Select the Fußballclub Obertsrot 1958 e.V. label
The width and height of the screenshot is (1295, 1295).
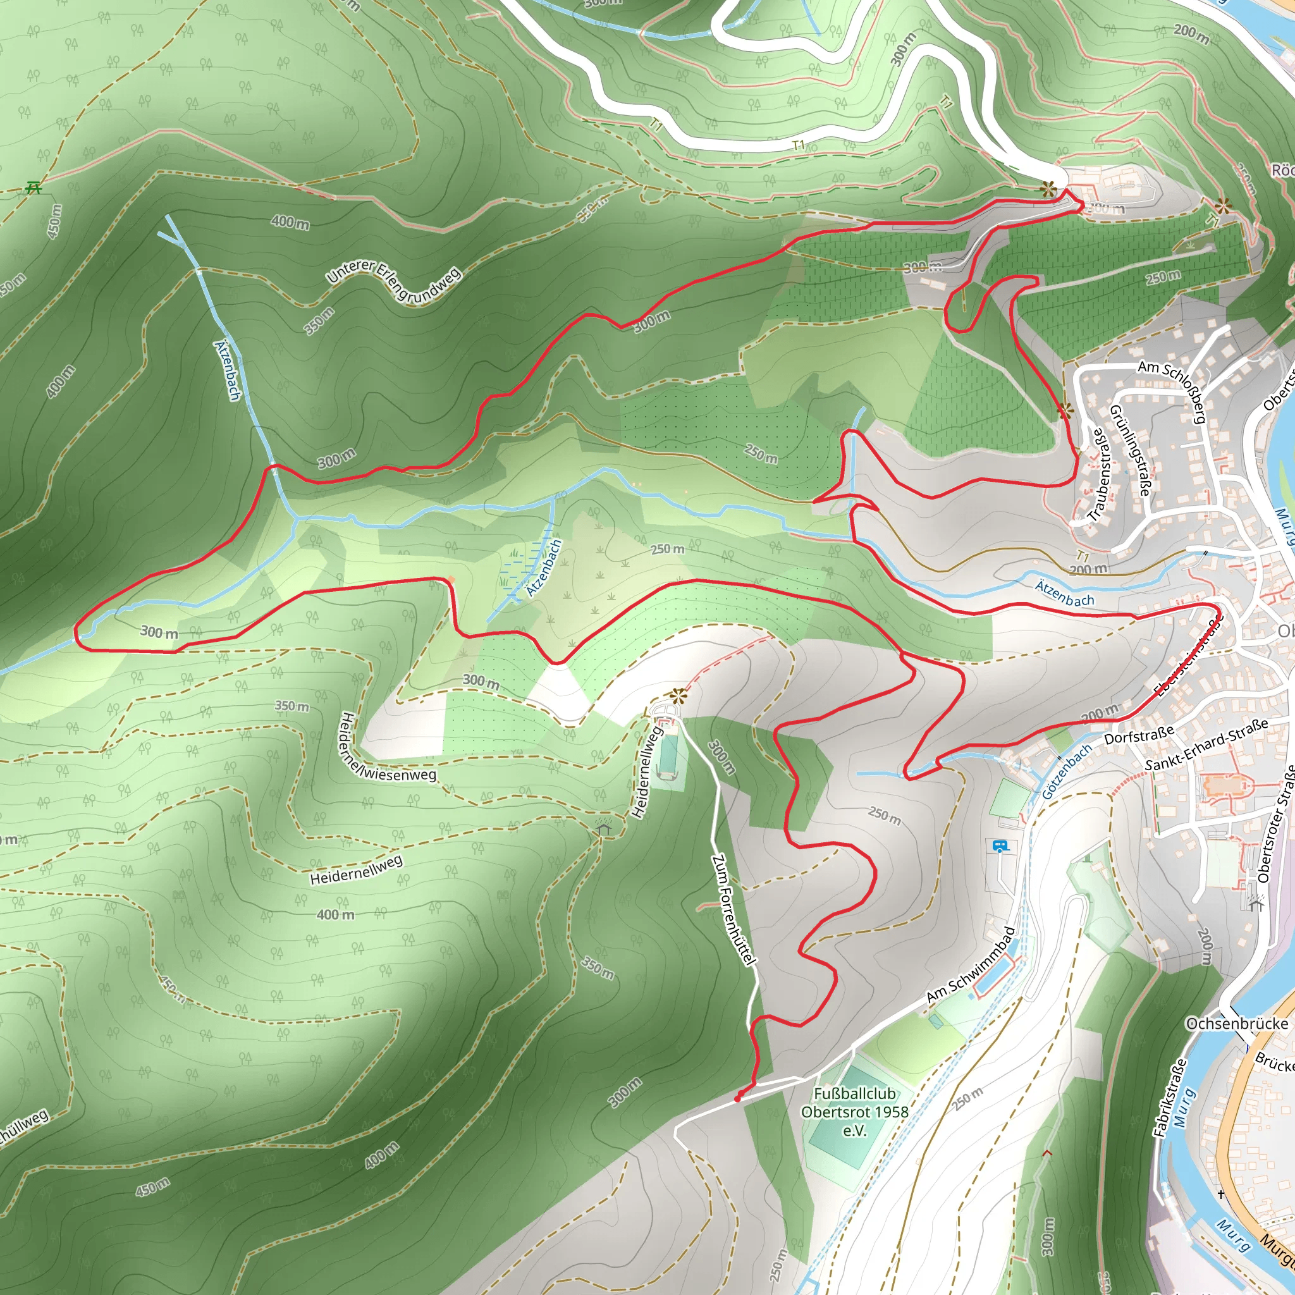coord(855,1112)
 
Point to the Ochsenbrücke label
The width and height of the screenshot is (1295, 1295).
coord(1237,1024)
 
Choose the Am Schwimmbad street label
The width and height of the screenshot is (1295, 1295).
coord(971,965)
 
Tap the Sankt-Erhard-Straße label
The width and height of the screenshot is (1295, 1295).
coord(1206,745)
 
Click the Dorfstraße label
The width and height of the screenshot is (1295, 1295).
coord(1139,734)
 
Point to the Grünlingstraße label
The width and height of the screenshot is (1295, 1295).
coord(1130,450)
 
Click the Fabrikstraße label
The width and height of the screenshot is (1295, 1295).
coord(1169,1098)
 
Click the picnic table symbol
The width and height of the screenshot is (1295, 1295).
coord(34,187)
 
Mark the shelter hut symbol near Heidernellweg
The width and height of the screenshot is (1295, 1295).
coord(604,829)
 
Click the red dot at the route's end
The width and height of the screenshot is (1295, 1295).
coord(737,1099)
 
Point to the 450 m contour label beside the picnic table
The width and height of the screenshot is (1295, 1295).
coord(54,221)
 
